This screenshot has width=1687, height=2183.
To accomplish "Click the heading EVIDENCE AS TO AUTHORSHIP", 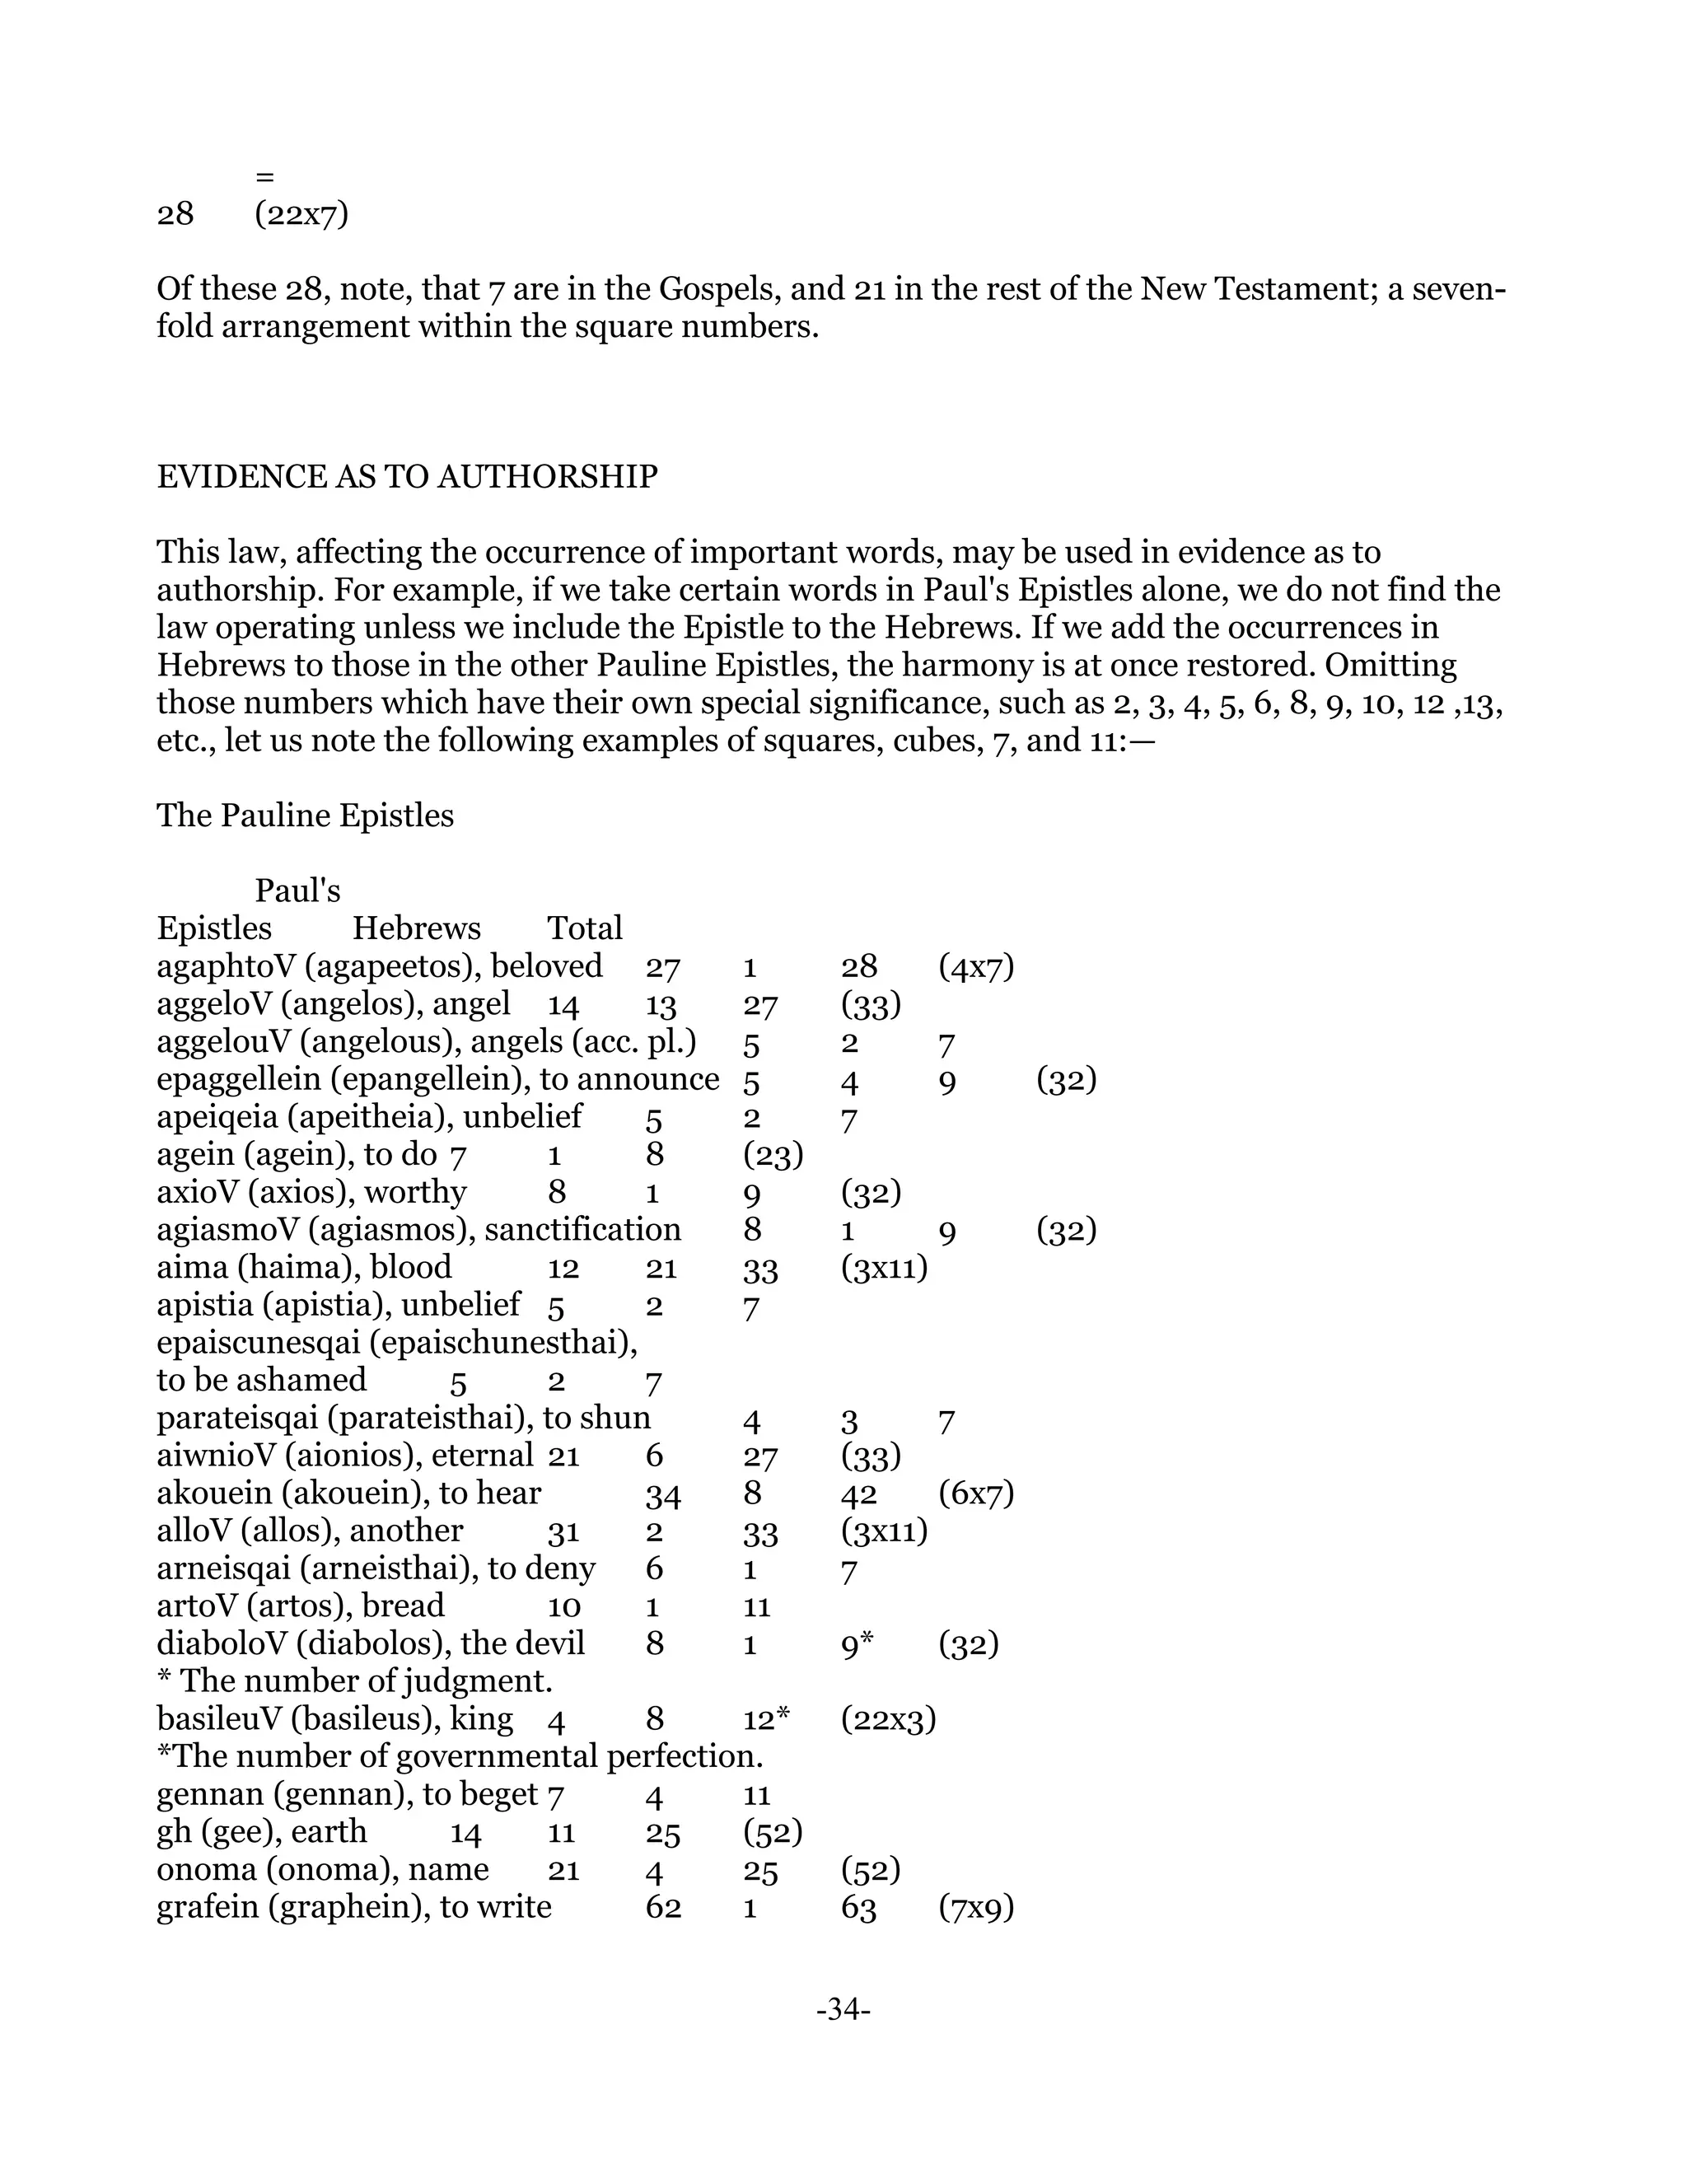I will [x=407, y=477].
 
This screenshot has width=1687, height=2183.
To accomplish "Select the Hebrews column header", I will [x=416, y=928].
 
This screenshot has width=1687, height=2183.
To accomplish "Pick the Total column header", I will [x=585, y=928].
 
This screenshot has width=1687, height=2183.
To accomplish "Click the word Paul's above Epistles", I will [x=298, y=890].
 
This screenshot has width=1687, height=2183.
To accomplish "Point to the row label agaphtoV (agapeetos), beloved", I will [x=380, y=966].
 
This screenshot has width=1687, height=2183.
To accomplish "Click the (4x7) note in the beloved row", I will [x=976, y=966].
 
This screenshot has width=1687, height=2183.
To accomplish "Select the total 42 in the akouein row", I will [x=858, y=1494].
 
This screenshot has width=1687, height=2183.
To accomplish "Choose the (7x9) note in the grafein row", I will [x=976, y=1908].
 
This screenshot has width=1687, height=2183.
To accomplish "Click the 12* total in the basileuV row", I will [x=767, y=1719].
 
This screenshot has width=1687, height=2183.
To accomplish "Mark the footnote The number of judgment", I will [x=355, y=1681].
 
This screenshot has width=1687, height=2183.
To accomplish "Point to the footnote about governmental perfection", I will [x=460, y=1757].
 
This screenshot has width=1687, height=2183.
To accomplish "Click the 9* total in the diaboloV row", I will [x=858, y=1644].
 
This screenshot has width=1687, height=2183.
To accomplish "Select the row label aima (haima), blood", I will [x=304, y=1268].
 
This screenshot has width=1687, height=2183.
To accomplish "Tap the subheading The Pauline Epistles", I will [x=305, y=816].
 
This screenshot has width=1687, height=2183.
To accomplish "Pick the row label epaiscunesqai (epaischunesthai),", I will [x=397, y=1344].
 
